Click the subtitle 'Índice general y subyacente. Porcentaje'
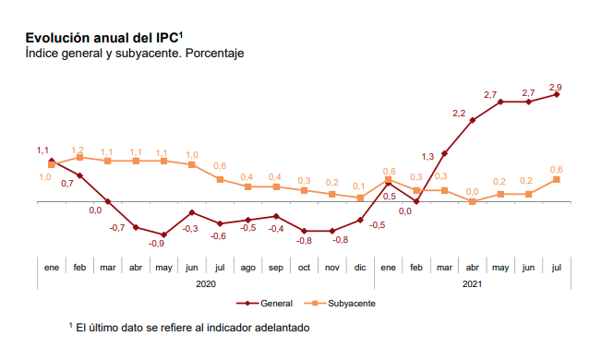(x=134, y=54)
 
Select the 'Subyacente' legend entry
(x=350, y=303)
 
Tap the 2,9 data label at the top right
(x=556, y=88)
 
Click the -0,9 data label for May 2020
(x=157, y=244)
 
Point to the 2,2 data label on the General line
(x=459, y=113)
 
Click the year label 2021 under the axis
(x=472, y=284)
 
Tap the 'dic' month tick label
(x=360, y=267)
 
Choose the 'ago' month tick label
(x=247, y=267)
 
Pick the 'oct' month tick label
(x=304, y=267)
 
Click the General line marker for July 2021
(x=557, y=94)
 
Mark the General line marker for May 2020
(x=163, y=234)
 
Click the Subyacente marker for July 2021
(x=557, y=179)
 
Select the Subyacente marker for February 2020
(x=79, y=157)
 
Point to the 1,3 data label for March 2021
(x=427, y=156)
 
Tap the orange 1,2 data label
(x=78, y=149)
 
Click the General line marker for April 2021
(x=473, y=120)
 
